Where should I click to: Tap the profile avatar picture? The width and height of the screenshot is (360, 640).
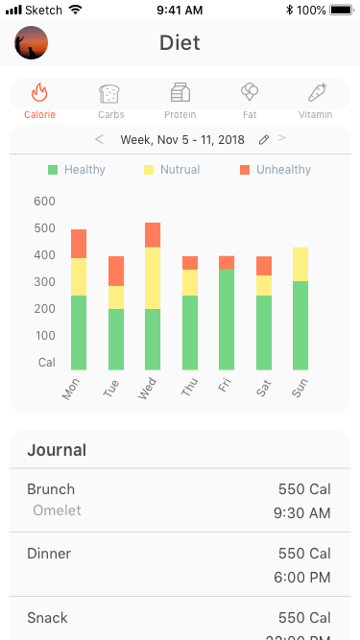coord(32,43)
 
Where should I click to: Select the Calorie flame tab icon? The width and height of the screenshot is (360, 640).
coord(39,93)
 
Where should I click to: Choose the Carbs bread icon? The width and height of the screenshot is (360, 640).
coord(109,93)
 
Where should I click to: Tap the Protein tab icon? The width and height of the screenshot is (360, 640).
coord(180,93)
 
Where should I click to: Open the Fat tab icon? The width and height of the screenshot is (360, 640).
coord(250,93)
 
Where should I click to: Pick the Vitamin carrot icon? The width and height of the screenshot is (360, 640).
coord(316,93)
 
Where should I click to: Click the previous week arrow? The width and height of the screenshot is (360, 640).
coord(99,139)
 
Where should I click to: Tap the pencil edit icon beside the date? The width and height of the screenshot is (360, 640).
coord(264,140)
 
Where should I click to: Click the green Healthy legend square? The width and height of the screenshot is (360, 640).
coord(54,170)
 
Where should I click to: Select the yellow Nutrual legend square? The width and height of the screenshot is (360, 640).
coord(149,170)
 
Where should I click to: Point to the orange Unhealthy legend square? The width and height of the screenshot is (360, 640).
coord(245,170)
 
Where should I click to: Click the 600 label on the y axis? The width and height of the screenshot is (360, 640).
coord(44,201)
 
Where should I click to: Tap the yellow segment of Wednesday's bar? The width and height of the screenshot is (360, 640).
coord(153,277)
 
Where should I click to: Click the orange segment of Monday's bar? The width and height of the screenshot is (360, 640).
coord(79,244)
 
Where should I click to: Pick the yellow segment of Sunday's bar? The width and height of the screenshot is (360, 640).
coord(300,264)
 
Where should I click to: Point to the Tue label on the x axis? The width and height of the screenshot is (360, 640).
coord(110,390)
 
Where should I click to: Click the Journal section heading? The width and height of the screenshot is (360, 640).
coord(57,450)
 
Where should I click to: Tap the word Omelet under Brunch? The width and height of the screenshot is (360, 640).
coord(57,510)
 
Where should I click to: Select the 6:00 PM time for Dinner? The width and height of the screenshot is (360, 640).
coord(301,578)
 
